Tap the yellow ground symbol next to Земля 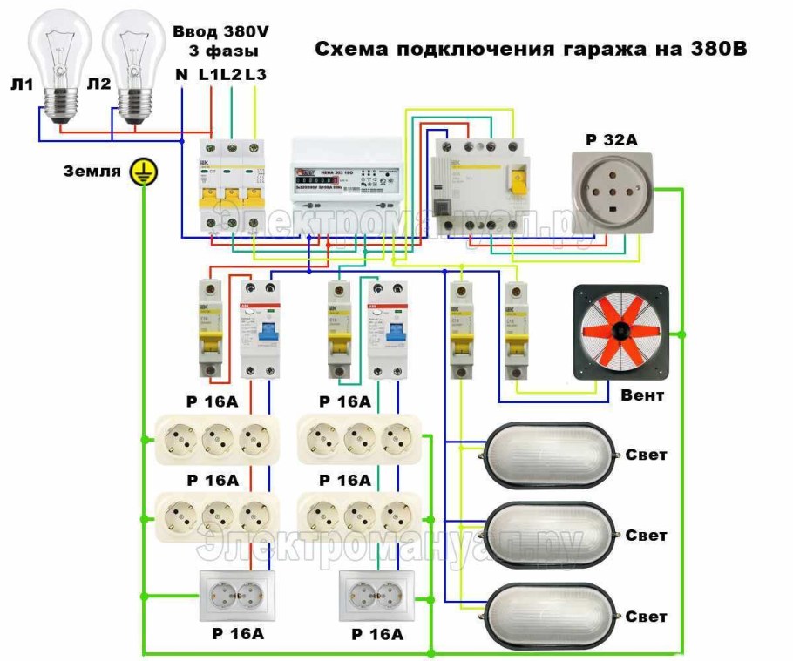[139, 172]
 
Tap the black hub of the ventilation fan [620, 331]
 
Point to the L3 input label [255, 75]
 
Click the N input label [181, 75]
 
